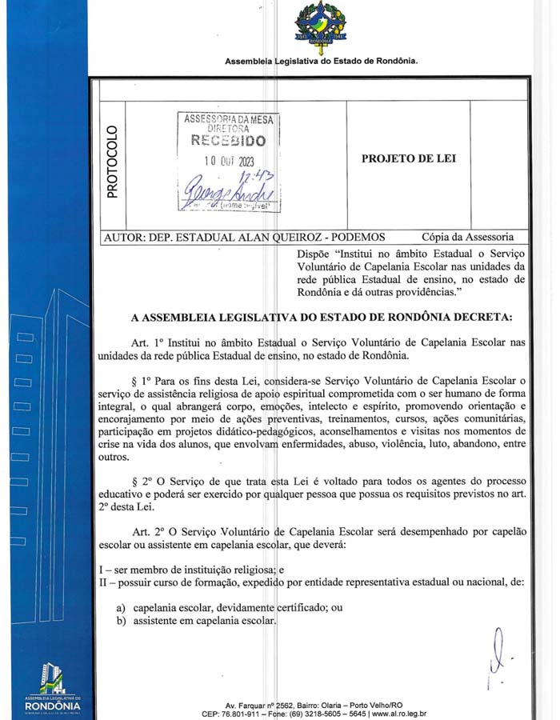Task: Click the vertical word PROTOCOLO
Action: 112,162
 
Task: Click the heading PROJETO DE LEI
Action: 409,158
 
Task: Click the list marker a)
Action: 122,608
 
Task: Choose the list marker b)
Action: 122,622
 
